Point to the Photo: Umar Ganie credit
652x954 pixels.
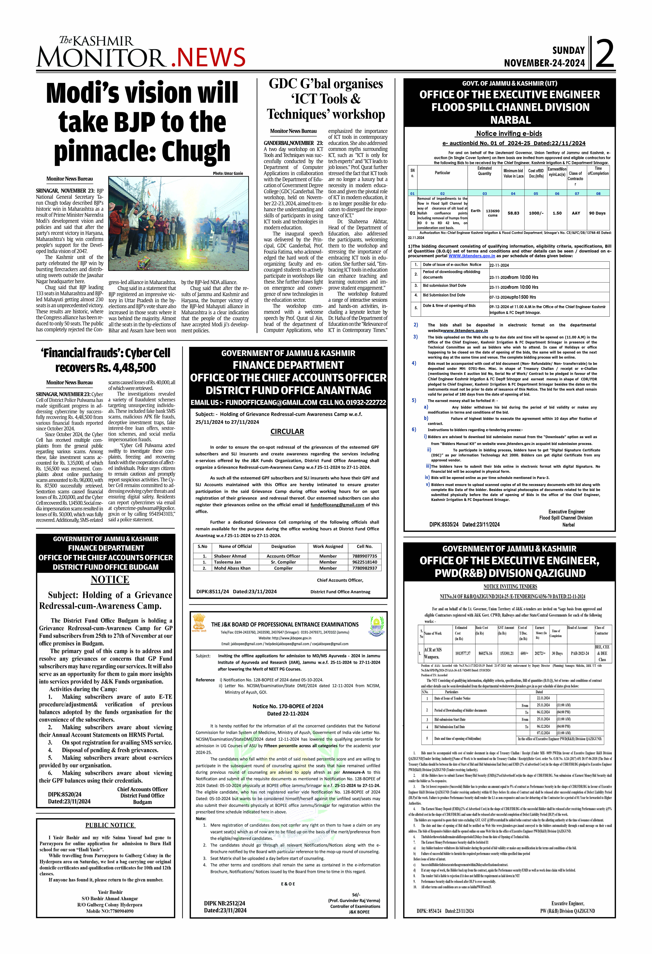click(x=228, y=173)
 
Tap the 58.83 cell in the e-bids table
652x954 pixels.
click(x=513, y=213)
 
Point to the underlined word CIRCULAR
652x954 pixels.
click(x=287, y=431)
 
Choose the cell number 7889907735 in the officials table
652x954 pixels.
click(x=364, y=556)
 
